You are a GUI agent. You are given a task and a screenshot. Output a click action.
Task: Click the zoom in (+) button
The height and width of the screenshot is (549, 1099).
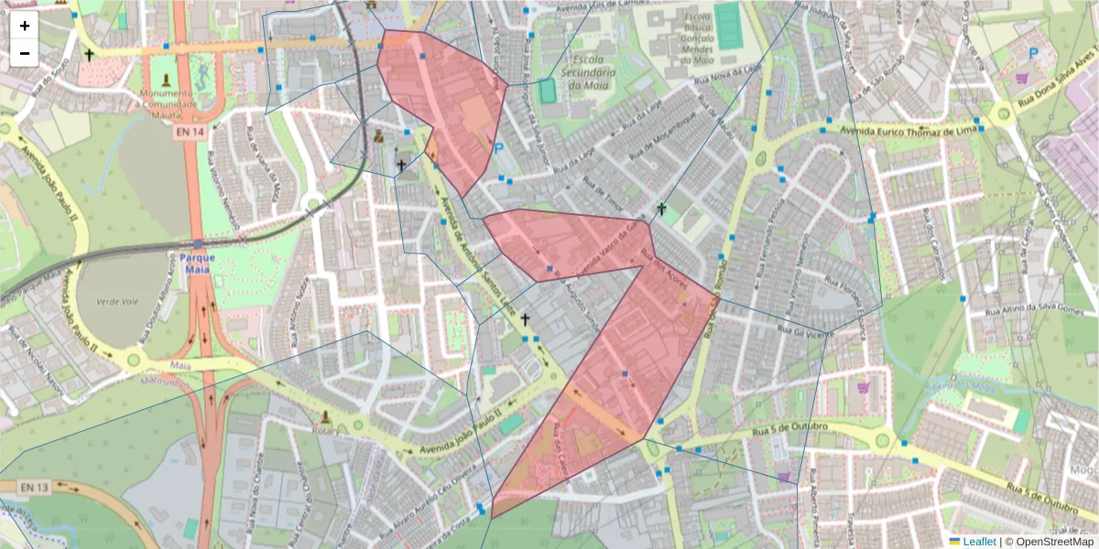tap(25, 26)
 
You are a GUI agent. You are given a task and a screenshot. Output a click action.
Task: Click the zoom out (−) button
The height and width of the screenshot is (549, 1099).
tap(25, 53)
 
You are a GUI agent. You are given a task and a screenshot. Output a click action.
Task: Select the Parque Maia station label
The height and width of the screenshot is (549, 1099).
tap(198, 264)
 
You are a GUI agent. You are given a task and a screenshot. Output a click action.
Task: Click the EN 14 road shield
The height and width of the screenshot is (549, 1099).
tap(186, 132)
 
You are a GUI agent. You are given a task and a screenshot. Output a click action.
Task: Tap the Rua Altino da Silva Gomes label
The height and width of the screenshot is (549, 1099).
tap(1033, 311)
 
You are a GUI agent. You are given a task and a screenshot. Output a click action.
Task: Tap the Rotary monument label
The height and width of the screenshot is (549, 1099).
tap(326, 431)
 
